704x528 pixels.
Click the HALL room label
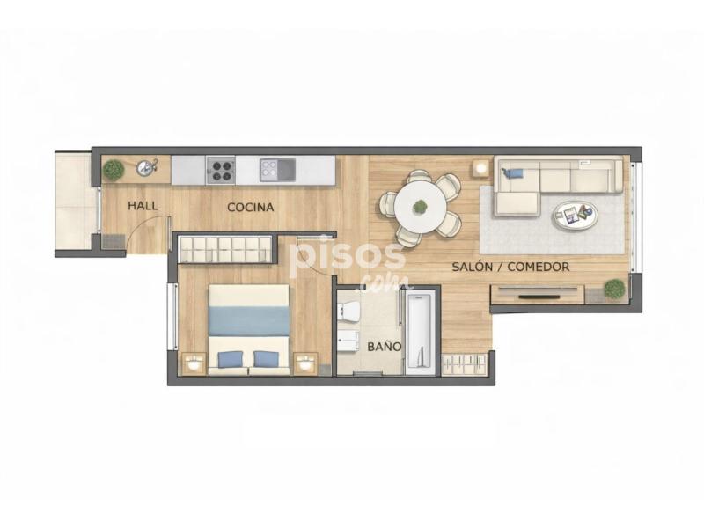(143, 206)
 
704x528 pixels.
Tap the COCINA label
(251, 208)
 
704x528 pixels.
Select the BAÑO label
(385, 347)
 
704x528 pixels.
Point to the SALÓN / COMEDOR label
(510, 267)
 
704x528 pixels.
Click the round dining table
(421, 207)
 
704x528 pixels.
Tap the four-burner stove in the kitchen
(221, 170)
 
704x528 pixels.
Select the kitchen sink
(277, 170)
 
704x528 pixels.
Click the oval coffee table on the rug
(576, 216)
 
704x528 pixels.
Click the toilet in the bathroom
(348, 312)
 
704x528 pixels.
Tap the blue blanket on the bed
(249, 321)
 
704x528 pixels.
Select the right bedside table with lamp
(305, 363)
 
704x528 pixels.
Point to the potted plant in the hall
(114, 170)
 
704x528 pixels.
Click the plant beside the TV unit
(614, 289)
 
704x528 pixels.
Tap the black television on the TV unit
(539, 297)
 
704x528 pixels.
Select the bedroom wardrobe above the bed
(225, 249)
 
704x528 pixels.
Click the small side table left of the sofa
(480, 169)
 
